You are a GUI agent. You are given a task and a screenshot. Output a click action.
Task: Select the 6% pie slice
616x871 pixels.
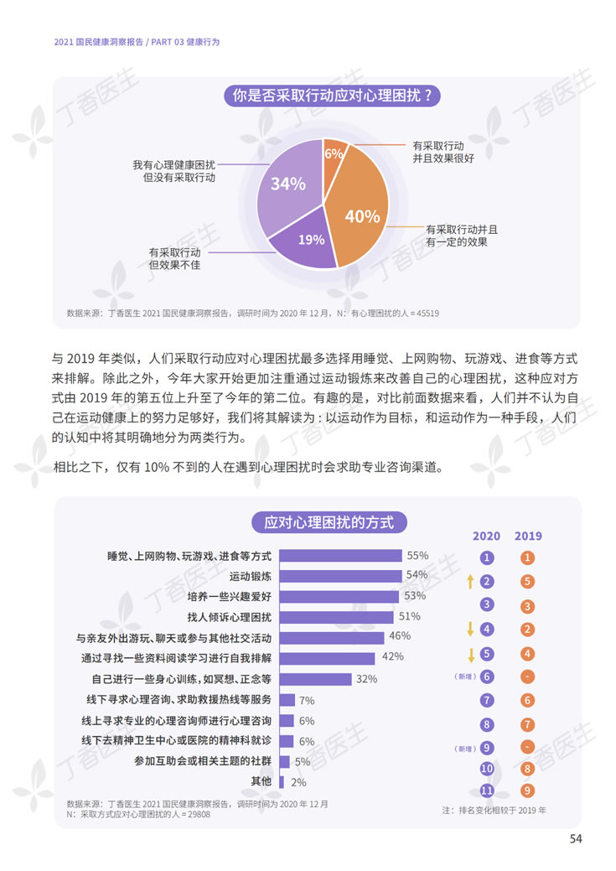point(334,154)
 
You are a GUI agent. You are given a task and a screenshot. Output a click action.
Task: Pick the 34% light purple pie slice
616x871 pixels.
point(287,184)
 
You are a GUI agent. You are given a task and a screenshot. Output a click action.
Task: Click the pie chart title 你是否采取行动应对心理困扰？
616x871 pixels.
point(333,96)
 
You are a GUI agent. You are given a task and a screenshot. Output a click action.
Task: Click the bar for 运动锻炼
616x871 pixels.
point(339,577)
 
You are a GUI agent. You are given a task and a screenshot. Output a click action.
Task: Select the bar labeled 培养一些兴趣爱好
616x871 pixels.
point(337,597)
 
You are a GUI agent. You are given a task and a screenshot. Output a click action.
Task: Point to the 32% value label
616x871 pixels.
point(366,679)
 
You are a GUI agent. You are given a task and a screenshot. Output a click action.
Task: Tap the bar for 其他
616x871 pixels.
point(282,781)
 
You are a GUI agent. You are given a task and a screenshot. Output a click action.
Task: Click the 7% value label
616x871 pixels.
point(306,700)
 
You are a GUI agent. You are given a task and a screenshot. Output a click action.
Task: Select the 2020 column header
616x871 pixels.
point(486,537)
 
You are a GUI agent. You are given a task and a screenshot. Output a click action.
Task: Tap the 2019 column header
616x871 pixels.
point(528,537)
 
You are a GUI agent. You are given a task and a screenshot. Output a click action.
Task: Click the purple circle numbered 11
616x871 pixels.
point(487,790)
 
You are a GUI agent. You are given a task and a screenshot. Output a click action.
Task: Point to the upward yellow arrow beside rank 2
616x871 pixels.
point(470,580)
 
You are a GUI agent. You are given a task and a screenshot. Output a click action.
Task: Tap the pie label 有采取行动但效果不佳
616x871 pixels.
point(174,258)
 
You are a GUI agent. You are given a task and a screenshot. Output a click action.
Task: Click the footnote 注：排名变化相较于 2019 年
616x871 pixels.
point(494,811)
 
